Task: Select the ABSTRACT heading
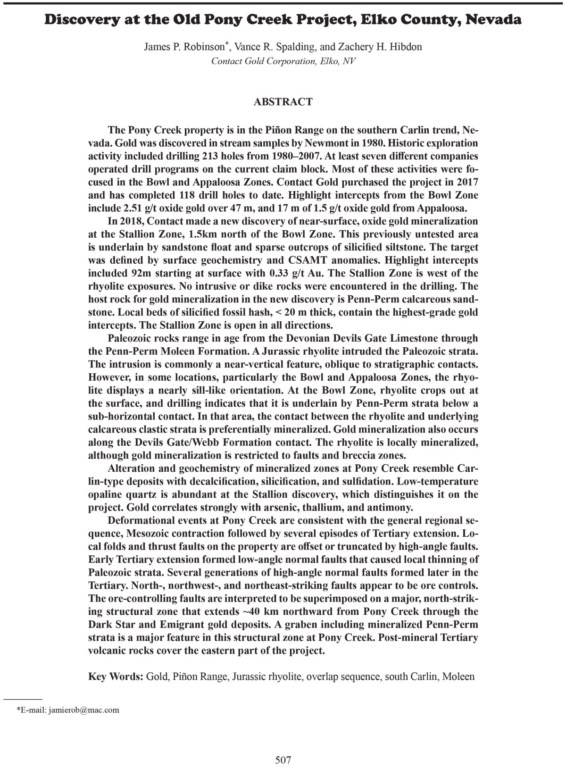tap(283, 101)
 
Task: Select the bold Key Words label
tap(116, 677)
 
